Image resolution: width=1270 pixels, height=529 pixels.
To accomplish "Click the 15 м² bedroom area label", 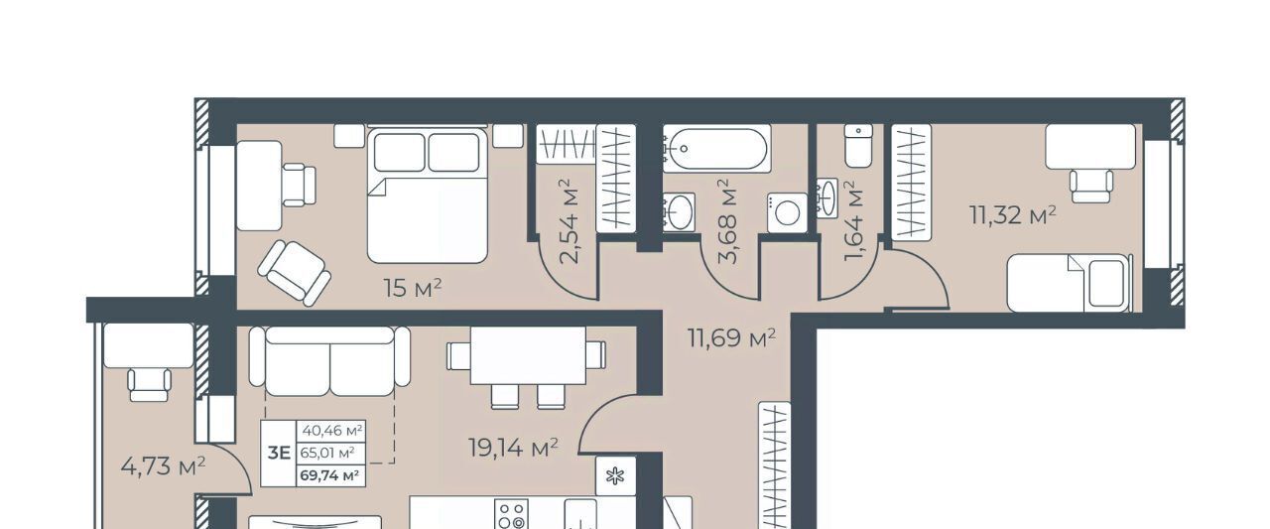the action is point(412,288).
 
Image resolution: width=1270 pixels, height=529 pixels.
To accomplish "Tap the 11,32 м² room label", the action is point(1013,215).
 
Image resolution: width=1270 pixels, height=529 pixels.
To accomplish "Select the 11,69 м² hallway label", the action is point(731,338).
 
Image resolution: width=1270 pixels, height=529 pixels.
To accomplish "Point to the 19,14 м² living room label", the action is point(513,448).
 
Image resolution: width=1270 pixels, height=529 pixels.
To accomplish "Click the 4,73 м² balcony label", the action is point(164,466).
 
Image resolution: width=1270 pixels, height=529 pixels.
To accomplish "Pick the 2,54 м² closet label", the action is point(570,221).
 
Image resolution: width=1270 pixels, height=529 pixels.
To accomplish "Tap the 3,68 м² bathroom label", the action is point(728,221).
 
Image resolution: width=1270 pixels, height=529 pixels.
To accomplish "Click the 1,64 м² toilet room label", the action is point(853,221).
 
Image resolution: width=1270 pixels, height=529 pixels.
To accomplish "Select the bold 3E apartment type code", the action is point(279,453).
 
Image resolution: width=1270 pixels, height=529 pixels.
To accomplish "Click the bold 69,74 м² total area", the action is point(329,475).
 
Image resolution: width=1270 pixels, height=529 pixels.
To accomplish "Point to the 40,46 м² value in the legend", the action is point(332,431).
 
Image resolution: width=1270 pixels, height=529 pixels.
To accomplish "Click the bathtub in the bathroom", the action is point(716,148).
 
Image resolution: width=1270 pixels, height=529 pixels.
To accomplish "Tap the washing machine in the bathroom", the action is point(788,212).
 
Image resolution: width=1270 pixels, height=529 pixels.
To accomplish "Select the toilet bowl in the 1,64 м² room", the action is point(858,146).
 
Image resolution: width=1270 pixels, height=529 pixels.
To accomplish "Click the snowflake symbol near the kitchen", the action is point(615,475).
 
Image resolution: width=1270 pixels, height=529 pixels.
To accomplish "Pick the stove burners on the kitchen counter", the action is point(511,515).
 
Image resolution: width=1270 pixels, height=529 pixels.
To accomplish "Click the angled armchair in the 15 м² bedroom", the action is point(295,273).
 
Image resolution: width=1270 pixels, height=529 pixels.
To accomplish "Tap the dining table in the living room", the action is point(528,356).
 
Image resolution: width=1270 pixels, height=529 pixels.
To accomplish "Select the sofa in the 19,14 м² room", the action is point(329,360).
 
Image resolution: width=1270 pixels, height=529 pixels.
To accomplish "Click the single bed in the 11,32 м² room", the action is point(1070,282).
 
